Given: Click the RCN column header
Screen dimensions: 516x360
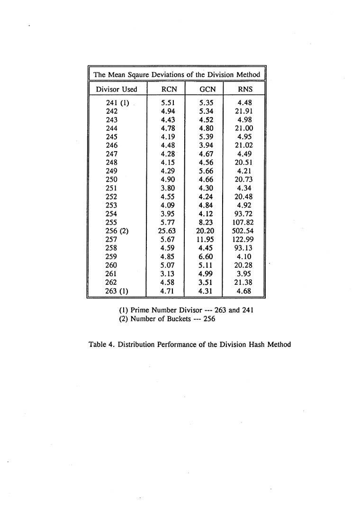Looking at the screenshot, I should click(x=169, y=89).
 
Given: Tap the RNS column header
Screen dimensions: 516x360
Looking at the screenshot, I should click(x=245, y=89).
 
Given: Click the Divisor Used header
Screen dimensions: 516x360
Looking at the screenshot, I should click(x=117, y=89).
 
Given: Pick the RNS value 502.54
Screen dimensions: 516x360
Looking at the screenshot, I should click(x=245, y=231).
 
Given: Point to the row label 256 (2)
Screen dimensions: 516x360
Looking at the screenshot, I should click(x=117, y=231).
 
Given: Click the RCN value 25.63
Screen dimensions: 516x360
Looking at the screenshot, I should click(x=167, y=231).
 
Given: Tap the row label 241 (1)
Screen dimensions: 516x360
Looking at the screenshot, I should click(x=117, y=102).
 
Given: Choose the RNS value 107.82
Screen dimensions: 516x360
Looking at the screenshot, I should click(x=245, y=223).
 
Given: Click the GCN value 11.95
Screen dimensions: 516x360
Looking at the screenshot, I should click(x=206, y=240).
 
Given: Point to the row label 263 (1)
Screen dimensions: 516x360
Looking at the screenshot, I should click(x=117, y=291).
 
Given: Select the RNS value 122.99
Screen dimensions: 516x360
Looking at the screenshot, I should click(x=245, y=240).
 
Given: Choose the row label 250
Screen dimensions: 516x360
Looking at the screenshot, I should click(x=112, y=180).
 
